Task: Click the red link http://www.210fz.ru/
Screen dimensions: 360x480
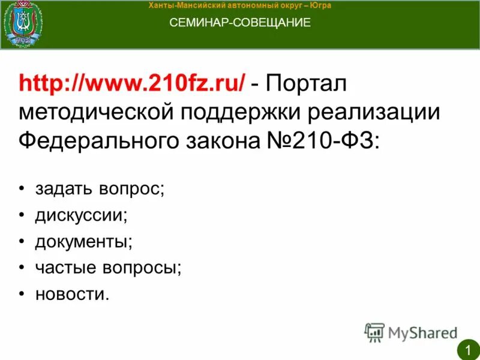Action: click(x=131, y=85)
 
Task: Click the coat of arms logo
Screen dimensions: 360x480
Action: click(x=23, y=25)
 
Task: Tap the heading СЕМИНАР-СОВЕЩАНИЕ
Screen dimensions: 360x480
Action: click(x=240, y=23)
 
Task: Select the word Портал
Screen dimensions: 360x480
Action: click(x=307, y=85)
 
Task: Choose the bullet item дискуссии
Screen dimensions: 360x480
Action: click(x=81, y=215)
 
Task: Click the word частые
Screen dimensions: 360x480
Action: click(x=64, y=268)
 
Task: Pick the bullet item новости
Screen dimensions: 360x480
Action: click(x=73, y=294)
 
